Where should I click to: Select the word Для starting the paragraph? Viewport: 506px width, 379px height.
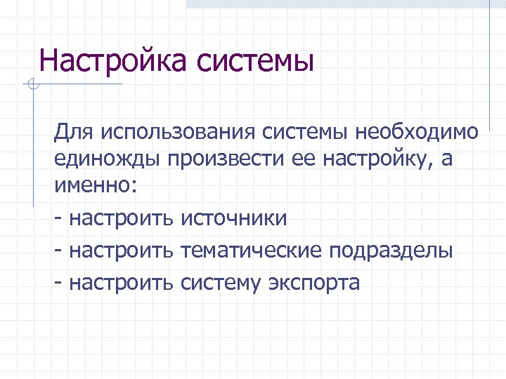click(x=73, y=131)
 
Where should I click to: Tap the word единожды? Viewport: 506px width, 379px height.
click(x=108, y=159)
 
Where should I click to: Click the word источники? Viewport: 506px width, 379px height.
click(x=234, y=218)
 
